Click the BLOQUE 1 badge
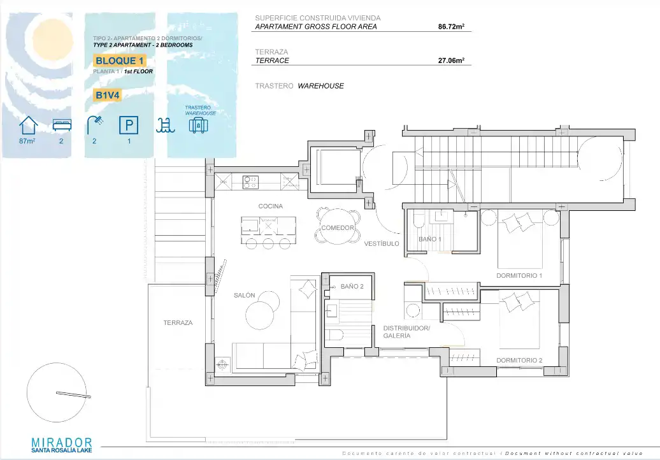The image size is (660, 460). tap(120, 61)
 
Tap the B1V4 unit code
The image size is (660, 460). tap(107, 95)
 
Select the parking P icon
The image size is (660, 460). tap(129, 126)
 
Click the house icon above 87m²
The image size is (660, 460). tap(28, 125)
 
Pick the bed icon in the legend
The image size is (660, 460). tap(62, 125)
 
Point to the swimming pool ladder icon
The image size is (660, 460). tap(165, 126)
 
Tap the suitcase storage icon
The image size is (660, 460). tap(199, 125)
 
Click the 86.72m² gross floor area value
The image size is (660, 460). tap(451, 27)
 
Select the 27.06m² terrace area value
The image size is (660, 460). tap(451, 61)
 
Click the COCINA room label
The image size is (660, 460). tap(271, 206)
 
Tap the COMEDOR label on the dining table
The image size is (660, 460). tap(338, 227)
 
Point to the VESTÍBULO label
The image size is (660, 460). tap(382, 243)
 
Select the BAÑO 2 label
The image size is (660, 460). tap(352, 287)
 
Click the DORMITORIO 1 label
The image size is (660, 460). tap(519, 276)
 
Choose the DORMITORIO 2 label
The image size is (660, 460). tap(519, 360)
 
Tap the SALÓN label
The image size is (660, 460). tap(245, 296)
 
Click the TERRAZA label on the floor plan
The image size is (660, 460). tap(178, 323)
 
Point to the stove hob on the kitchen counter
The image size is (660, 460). tap(250, 182)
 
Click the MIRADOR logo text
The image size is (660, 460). tap(62, 442)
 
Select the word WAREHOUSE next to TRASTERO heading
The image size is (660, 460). tap(320, 86)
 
